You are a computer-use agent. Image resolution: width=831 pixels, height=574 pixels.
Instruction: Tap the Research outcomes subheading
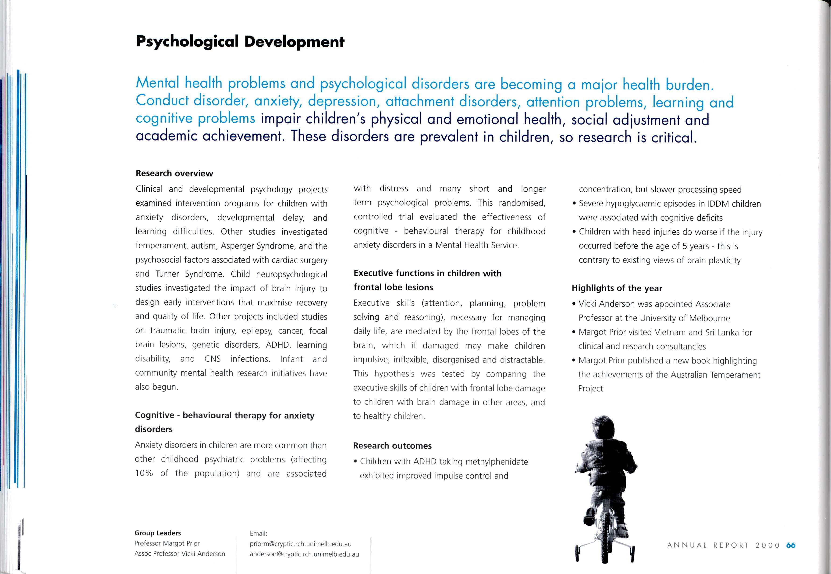(392, 446)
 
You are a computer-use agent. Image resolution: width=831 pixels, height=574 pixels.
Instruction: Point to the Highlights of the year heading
(617, 288)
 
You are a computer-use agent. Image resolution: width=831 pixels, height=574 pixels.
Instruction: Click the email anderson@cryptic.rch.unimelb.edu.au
(304, 554)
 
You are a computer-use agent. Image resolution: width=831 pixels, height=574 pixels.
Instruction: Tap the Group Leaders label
(158, 533)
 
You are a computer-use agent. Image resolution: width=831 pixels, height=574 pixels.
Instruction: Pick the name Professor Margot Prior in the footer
(167, 543)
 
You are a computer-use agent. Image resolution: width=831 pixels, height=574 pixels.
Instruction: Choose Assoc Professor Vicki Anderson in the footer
(180, 554)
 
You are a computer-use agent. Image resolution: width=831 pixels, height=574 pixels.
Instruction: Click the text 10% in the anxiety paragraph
(144, 473)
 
